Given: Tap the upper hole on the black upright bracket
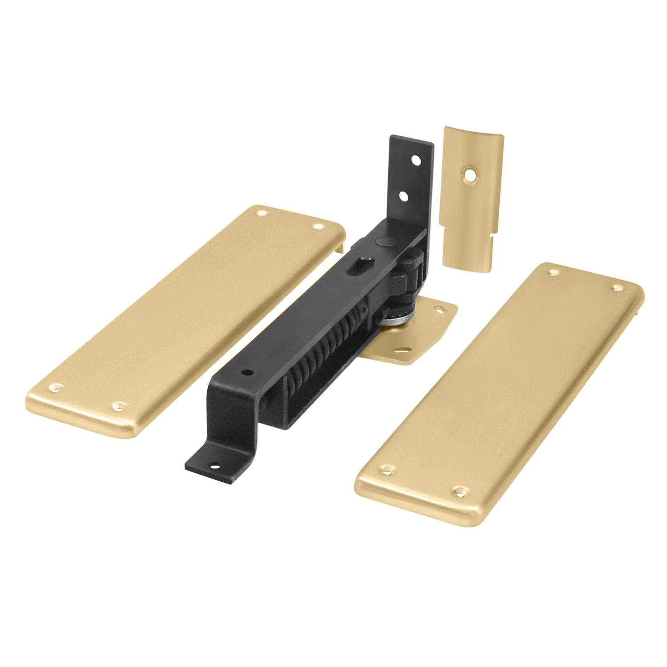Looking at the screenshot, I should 416,159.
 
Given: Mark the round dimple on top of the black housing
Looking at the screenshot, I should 382,241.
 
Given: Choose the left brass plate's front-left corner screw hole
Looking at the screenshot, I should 56,388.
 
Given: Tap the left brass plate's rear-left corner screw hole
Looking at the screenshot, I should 260,212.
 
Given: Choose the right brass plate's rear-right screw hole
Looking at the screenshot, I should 617,289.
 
